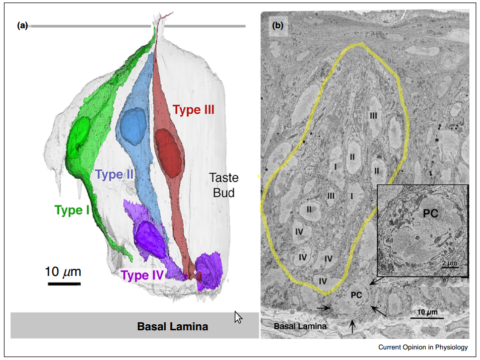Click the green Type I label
72,210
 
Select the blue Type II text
114,174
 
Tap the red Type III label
193,110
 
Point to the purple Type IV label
143,275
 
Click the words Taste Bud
224,185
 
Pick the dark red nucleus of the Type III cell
168,153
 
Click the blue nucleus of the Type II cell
133,126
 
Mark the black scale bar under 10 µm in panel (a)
64,284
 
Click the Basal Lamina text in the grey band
173,326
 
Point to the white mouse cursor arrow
238,317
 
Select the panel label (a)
22,25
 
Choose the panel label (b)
278,25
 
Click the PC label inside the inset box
431,213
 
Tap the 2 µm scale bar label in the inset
450,263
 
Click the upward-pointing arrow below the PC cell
353,326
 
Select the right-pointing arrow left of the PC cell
323,308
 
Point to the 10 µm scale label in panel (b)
428,312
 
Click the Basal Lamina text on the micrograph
300,326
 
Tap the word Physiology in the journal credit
451,347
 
